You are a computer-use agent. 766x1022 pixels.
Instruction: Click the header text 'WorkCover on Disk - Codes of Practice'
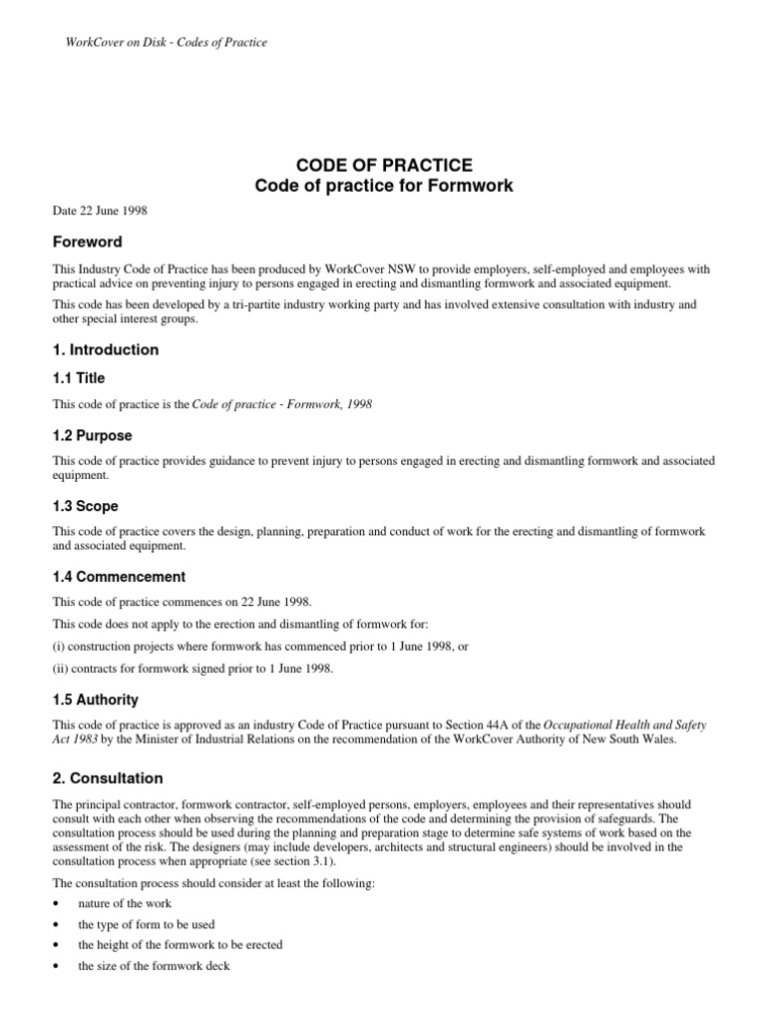tap(160, 42)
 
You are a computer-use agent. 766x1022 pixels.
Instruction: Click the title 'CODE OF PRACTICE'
tap(383, 165)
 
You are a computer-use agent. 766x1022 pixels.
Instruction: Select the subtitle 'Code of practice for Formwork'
tap(383, 186)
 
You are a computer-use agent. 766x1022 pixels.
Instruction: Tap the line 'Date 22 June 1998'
tap(101, 211)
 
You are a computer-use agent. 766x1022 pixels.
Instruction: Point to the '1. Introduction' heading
tap(105, 349)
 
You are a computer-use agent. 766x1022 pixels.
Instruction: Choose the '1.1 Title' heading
tap(78, 378)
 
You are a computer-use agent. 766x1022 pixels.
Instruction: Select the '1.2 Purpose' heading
tap(92, 436)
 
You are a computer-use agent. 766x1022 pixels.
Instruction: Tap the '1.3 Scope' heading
tap(85, 506)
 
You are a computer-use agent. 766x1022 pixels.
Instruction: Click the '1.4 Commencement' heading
tap(119, 577)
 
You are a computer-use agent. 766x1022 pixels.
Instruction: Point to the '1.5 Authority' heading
tap(95, 700)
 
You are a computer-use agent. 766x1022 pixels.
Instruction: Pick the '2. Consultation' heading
tap(107, 778)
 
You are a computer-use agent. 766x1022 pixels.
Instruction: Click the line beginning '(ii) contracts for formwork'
tap(192, 669)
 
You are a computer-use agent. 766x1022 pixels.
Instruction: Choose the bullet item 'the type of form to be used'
tap(146, 924)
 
